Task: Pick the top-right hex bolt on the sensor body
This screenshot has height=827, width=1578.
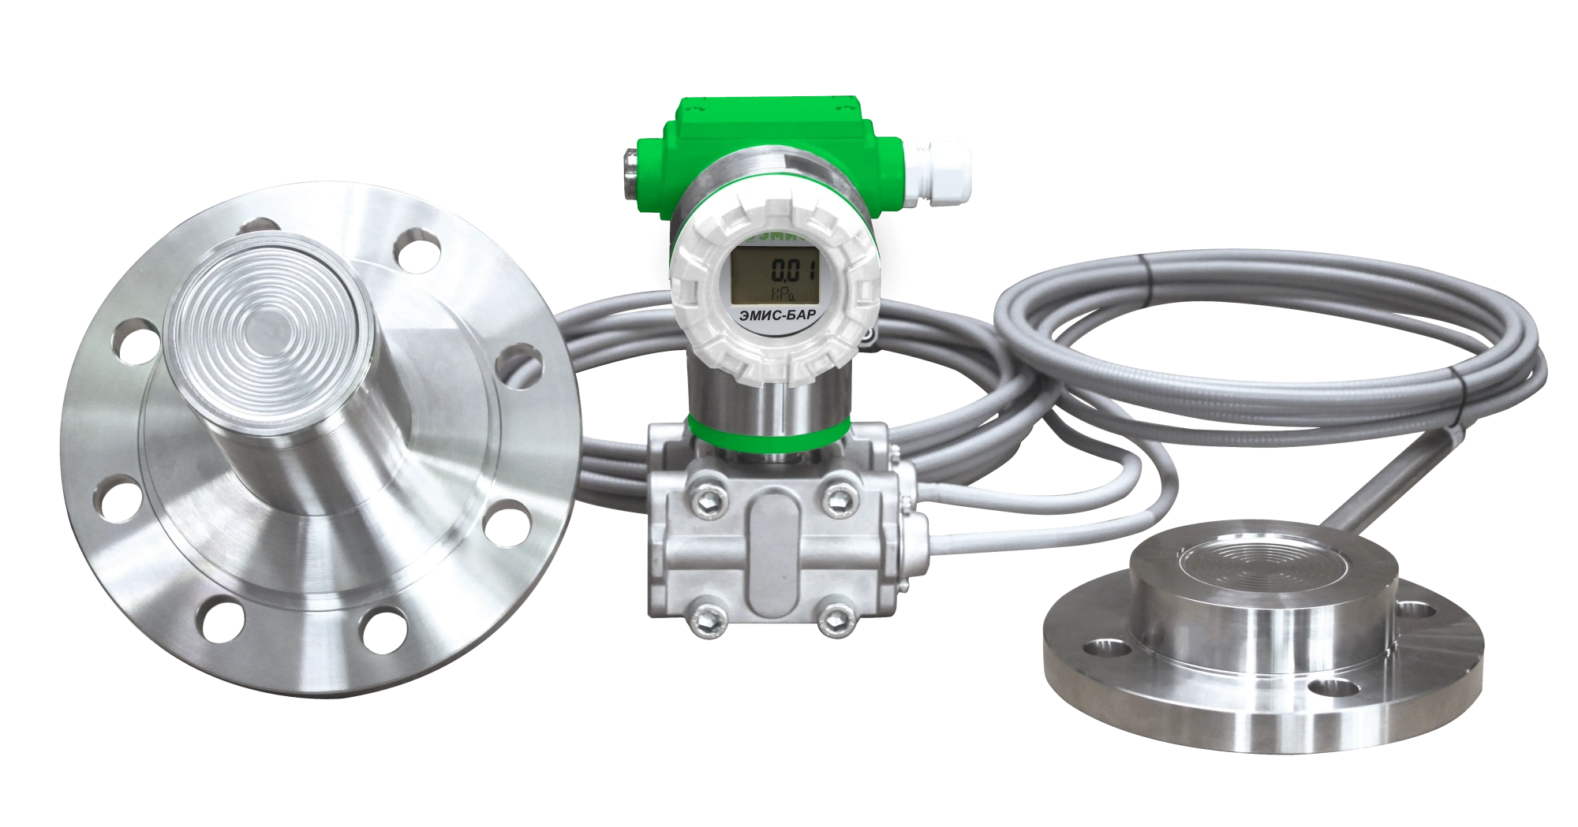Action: coord(835,494)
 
